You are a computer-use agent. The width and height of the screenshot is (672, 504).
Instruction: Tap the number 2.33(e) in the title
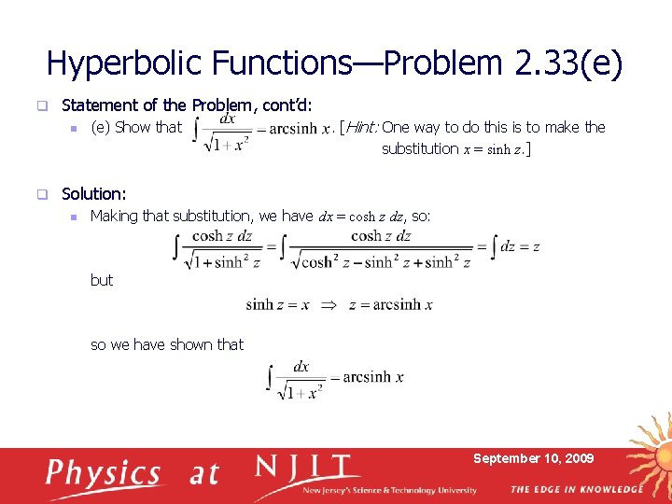pos(568,63)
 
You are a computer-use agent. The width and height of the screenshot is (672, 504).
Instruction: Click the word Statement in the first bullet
pos(97,105)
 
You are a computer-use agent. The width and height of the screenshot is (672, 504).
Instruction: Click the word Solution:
pos(93,194)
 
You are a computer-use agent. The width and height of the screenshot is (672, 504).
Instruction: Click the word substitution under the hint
pos(420,148)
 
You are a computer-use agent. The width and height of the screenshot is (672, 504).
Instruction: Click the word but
pos(102,280)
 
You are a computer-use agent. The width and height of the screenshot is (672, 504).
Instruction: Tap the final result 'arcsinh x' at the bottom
pos(372,377)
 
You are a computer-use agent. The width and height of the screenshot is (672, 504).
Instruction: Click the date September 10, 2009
pos(533,458)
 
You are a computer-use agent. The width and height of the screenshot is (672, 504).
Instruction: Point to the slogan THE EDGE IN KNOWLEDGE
pos(576,489)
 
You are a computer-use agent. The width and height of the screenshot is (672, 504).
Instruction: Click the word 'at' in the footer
pos(203,474)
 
